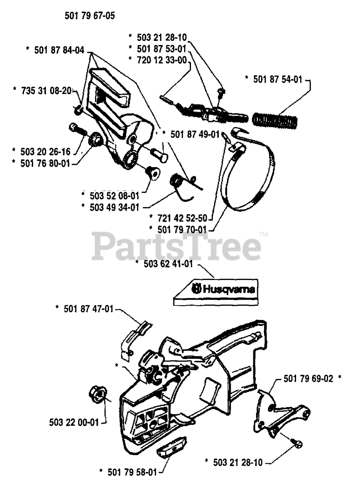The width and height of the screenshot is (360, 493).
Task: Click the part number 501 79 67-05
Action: click(90, 16)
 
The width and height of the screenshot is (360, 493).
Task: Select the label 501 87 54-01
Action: click(278, 79)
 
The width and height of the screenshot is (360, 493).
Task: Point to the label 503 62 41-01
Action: click(168, 264)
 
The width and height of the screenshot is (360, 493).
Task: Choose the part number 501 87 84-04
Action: click(59, 50)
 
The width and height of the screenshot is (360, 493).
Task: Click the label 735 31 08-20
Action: click(47, 91)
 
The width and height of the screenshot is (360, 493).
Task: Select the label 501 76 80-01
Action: click(45, 163)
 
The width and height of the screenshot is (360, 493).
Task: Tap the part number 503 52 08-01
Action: click(114, 196)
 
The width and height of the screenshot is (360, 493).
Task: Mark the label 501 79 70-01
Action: click(182, 230)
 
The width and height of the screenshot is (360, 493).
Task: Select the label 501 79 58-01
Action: click(132, 472)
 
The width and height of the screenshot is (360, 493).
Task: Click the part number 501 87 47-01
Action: click(89, 309)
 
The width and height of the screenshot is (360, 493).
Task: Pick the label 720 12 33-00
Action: click(162, 60)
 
